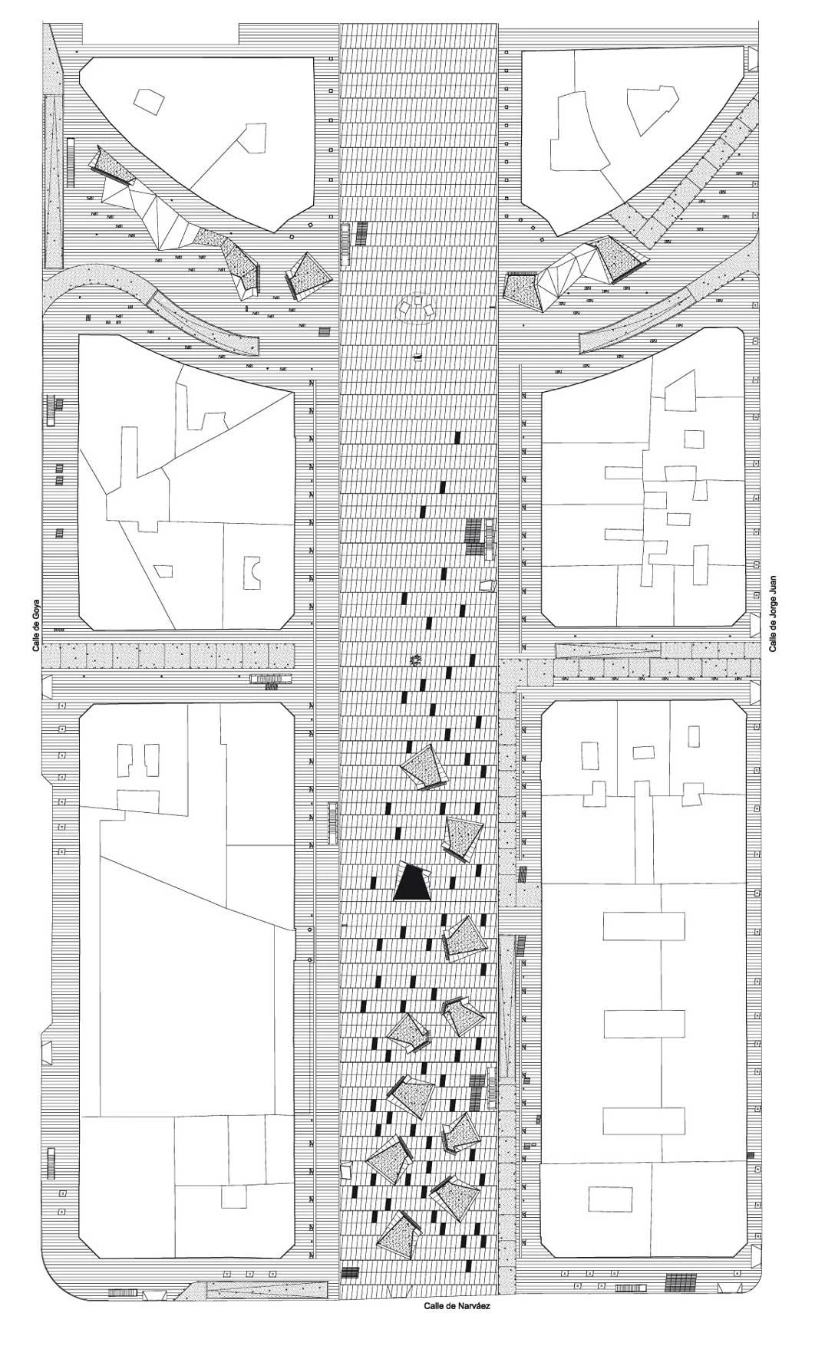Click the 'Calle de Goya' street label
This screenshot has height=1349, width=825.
tap(36, 625)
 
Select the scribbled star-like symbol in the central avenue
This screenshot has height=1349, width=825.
tap(415, 660)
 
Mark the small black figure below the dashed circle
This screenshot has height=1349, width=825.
tap(417, 356)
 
